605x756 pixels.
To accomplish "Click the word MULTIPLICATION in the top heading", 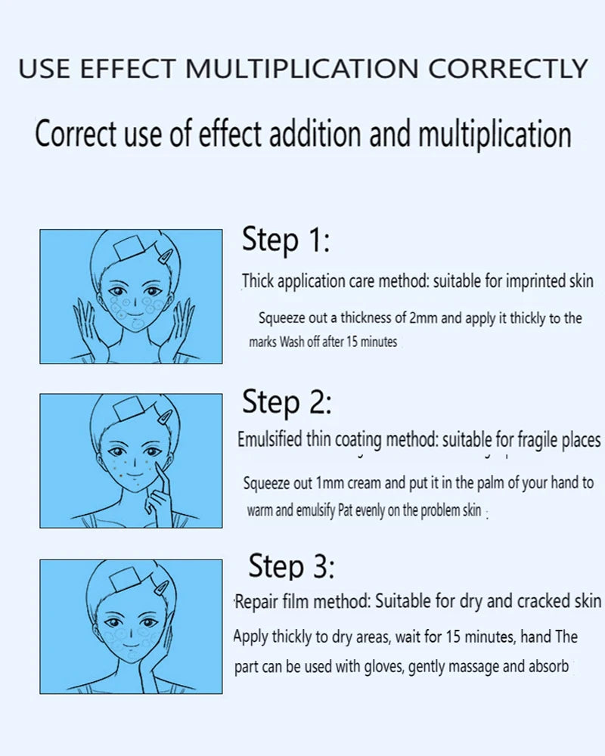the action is [302, 69].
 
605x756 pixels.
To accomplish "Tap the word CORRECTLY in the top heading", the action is [508, 69].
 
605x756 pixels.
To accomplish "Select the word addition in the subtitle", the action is [315, 133].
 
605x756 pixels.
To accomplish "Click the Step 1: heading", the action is [286, 240].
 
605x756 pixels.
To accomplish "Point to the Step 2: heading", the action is [287, 402].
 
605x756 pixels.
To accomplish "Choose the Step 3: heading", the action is [291, 565].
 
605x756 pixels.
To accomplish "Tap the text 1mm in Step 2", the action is [330, 482].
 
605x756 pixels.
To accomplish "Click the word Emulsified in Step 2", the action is [270, 439].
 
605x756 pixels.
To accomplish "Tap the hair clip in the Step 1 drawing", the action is [165, 256].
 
